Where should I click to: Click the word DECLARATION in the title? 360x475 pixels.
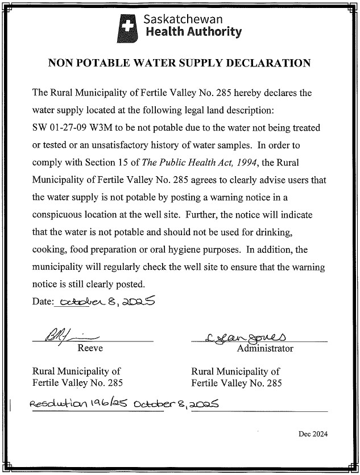(272, 63)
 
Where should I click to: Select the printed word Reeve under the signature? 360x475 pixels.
(90, 348)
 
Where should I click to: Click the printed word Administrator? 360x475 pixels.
(265, 348)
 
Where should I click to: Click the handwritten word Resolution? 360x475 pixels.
(56, 404)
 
